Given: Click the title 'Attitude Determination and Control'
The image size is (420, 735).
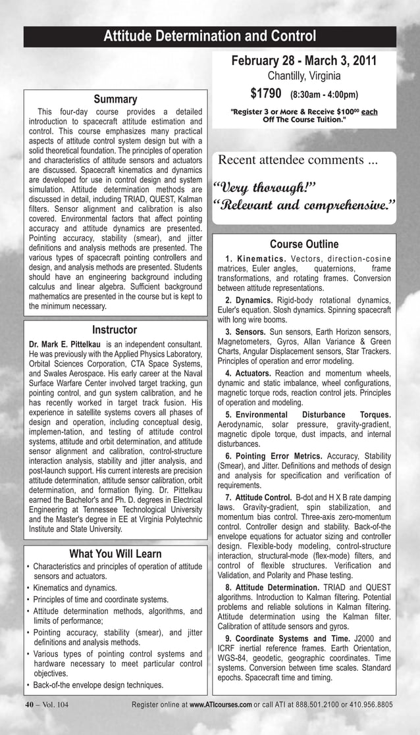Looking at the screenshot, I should click(x=210, y=36).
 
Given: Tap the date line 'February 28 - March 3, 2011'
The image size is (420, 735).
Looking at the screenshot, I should click(x=303, y=61).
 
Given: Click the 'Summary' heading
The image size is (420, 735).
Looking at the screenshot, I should click(x=115, y=99).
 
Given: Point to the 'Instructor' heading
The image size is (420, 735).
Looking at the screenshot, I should click(x=115, y=330).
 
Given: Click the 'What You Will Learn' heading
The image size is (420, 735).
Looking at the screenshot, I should click(x=115, y=554).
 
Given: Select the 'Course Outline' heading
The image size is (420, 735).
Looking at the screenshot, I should click(x=304, y=245).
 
